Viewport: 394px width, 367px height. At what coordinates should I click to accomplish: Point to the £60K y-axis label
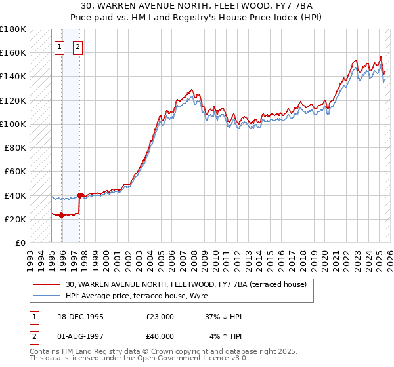pyautogui.click(x=15, y=171)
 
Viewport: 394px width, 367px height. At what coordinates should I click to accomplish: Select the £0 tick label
pyautogui.click(x=20, y=242)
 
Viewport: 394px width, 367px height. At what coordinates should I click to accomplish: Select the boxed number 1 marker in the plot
pyautogui.click(x=59, y=47)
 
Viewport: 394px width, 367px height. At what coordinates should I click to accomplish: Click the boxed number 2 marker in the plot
pyautogui.click(x=77, y=47)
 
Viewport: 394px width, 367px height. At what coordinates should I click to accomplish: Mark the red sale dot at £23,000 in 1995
pyautogui.click(x=61, y=215)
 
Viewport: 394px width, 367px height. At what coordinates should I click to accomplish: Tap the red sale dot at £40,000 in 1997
pyautogui.click(x=79, y=195)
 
